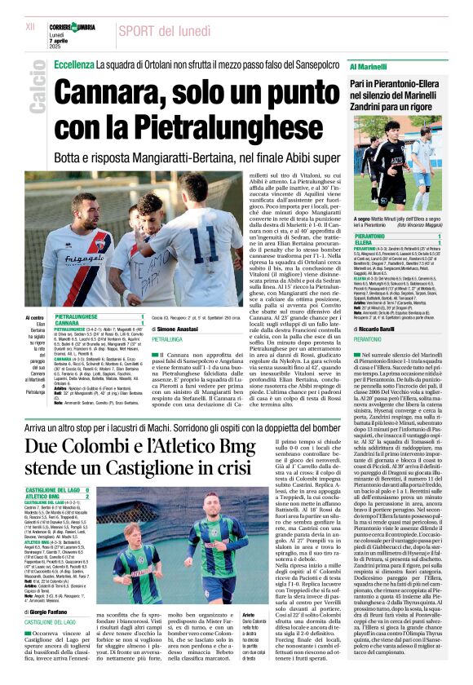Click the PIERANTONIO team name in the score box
pyautogui.click(x=373, y=236)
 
